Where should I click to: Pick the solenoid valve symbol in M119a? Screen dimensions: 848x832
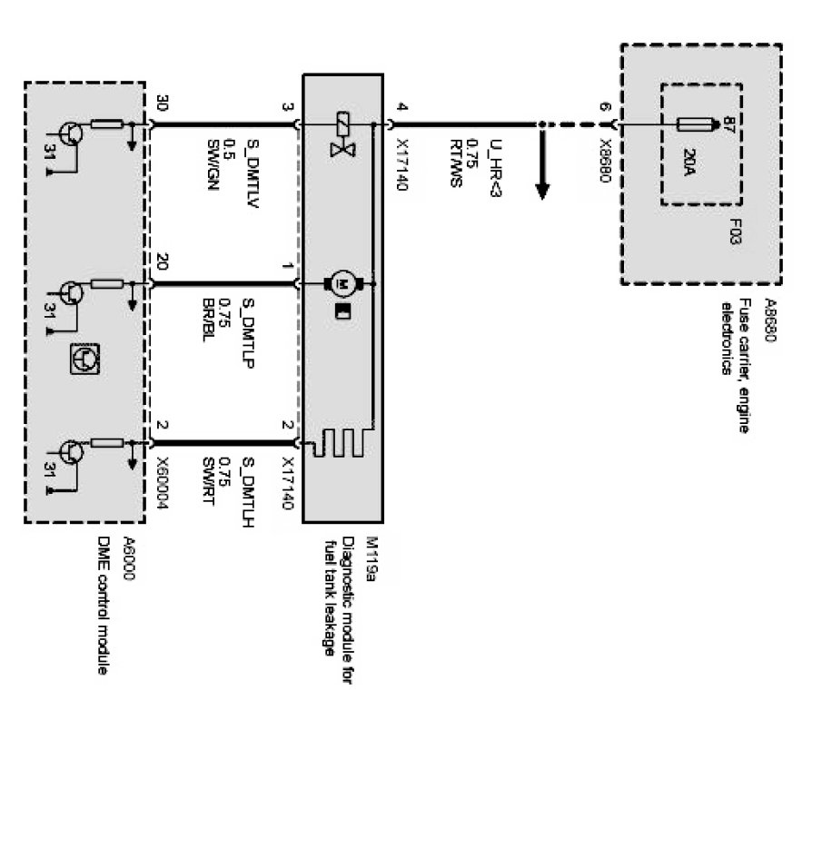point(343,133)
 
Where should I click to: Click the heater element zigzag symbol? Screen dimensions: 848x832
point(341,444)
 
